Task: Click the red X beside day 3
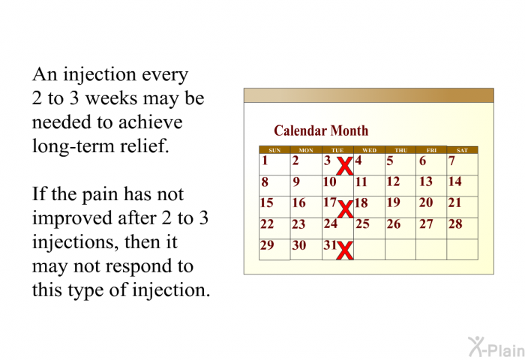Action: pyautogui.click(x=345, y=166)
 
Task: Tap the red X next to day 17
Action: pyautogui.click(x=345, y=209)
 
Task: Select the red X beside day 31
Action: pyautogui.click(x=345, y=250)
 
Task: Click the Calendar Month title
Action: pyautogui.click(x=321, y=130)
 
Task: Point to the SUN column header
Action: pyautogui.click(x=274, y=150)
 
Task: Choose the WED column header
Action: pyautogui.click(x=369, y=150)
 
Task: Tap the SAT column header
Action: pyautogui.click(x=462, y=150)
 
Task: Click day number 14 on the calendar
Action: pyautogui.click(x=455, y=181)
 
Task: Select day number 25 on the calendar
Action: pyautogui.click(x=362, y=223)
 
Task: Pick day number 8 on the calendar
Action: pyautogui.click(x=265, y=181)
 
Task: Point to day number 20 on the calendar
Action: pyautogui.click(x=425, y=202)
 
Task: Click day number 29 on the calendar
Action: pyautogui.click(x=267, y=245)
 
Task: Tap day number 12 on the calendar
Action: pyautogui.click(x=393, y=181)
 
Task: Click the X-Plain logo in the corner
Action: pyautogui.click(x=496, y=346)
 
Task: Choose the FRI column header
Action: pyautogui.click(x=431, y=150)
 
